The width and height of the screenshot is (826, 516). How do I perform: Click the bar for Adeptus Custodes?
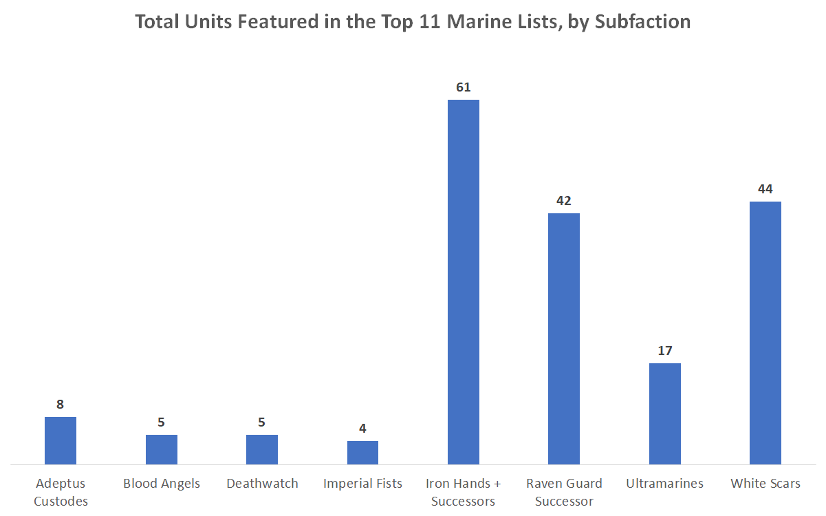tap(61, 440)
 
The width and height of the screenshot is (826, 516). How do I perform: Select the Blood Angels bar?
tap(161, 449)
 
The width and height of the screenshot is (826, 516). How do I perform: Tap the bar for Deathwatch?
tap(262, 449)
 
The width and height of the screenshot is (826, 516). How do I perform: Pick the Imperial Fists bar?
tap(362, 452)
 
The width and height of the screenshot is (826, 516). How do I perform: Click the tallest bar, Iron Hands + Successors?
tap(464, 282)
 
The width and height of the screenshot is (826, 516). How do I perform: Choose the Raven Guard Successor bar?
tap(564, 338)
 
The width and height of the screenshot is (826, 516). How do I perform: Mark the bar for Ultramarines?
tap(665, 413)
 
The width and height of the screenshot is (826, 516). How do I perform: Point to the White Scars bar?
tap(765, 333)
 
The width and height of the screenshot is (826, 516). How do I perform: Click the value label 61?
tap(464, 87)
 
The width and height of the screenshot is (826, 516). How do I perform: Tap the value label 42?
tap(564, 201)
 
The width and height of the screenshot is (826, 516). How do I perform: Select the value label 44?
tap(765, 189)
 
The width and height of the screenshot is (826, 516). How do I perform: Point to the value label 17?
tap(665, 351)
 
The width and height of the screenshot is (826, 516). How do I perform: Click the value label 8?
tap(61, 405)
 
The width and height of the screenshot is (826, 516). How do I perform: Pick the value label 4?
tap(362, 429)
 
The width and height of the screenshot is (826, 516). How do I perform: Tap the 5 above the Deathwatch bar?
tap(262, 422)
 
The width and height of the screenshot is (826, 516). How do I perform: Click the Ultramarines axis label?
tap(665, 484)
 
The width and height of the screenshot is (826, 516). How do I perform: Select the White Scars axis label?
tap(765, 484)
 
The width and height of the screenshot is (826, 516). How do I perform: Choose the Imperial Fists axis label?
tap(362, 484)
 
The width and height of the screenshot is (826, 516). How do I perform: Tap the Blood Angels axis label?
tap(162, 484)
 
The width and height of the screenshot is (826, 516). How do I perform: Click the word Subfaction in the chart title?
tap(642, 22)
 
